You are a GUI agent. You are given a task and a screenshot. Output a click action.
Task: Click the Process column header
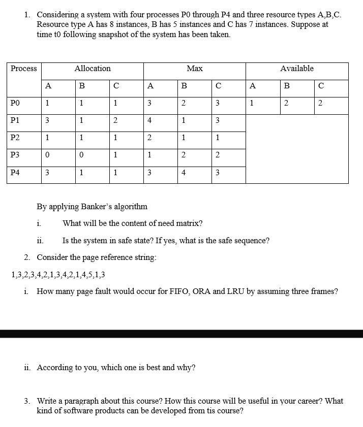[24, 69]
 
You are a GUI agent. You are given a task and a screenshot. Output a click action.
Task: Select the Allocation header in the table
[93, 69]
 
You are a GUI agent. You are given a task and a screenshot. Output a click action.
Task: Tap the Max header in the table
[195, 69]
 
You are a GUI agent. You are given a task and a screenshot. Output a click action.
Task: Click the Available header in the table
[297, 69]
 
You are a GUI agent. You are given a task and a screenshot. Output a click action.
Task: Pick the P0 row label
[15, 104]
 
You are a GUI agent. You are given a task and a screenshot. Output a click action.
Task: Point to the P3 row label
[15, 155]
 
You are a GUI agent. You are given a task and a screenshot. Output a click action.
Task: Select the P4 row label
[15, 173]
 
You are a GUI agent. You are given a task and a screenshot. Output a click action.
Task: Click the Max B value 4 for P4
[184, 173]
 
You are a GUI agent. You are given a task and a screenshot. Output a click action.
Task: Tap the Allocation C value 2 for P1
[115, 121]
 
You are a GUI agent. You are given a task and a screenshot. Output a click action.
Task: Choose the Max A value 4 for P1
[149, 121]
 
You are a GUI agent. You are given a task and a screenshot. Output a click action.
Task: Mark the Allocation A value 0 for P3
[47, 155]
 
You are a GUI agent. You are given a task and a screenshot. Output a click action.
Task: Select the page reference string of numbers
[58, 275]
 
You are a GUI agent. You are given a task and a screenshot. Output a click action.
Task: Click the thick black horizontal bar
[181, 334]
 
